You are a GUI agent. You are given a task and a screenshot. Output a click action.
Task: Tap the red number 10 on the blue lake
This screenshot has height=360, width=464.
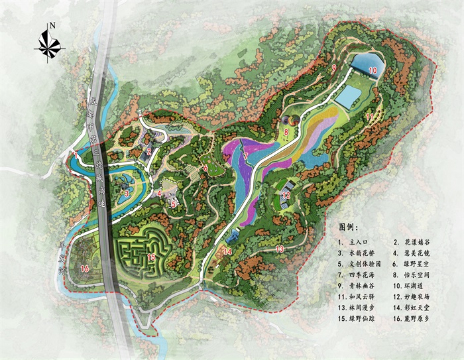click(x=373, y=69)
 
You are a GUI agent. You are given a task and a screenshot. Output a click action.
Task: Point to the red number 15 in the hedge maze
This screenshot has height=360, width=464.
click(x=151, y=257)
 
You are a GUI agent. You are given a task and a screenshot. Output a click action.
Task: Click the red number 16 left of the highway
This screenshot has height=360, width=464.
click(x=84, y=269)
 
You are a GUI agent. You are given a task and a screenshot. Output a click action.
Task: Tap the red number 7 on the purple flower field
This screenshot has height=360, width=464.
click(x=245, y=156)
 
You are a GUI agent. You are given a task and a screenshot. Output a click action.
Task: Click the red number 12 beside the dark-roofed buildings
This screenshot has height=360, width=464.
click(x=286, y=196)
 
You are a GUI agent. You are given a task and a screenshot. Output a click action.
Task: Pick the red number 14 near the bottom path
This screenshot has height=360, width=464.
click(x=227, y=251)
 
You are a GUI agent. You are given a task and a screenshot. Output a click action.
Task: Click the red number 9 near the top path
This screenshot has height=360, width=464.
click(x=334, y=68)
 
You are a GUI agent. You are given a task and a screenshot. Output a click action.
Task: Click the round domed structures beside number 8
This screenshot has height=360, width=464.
click(x=290, y=121)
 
